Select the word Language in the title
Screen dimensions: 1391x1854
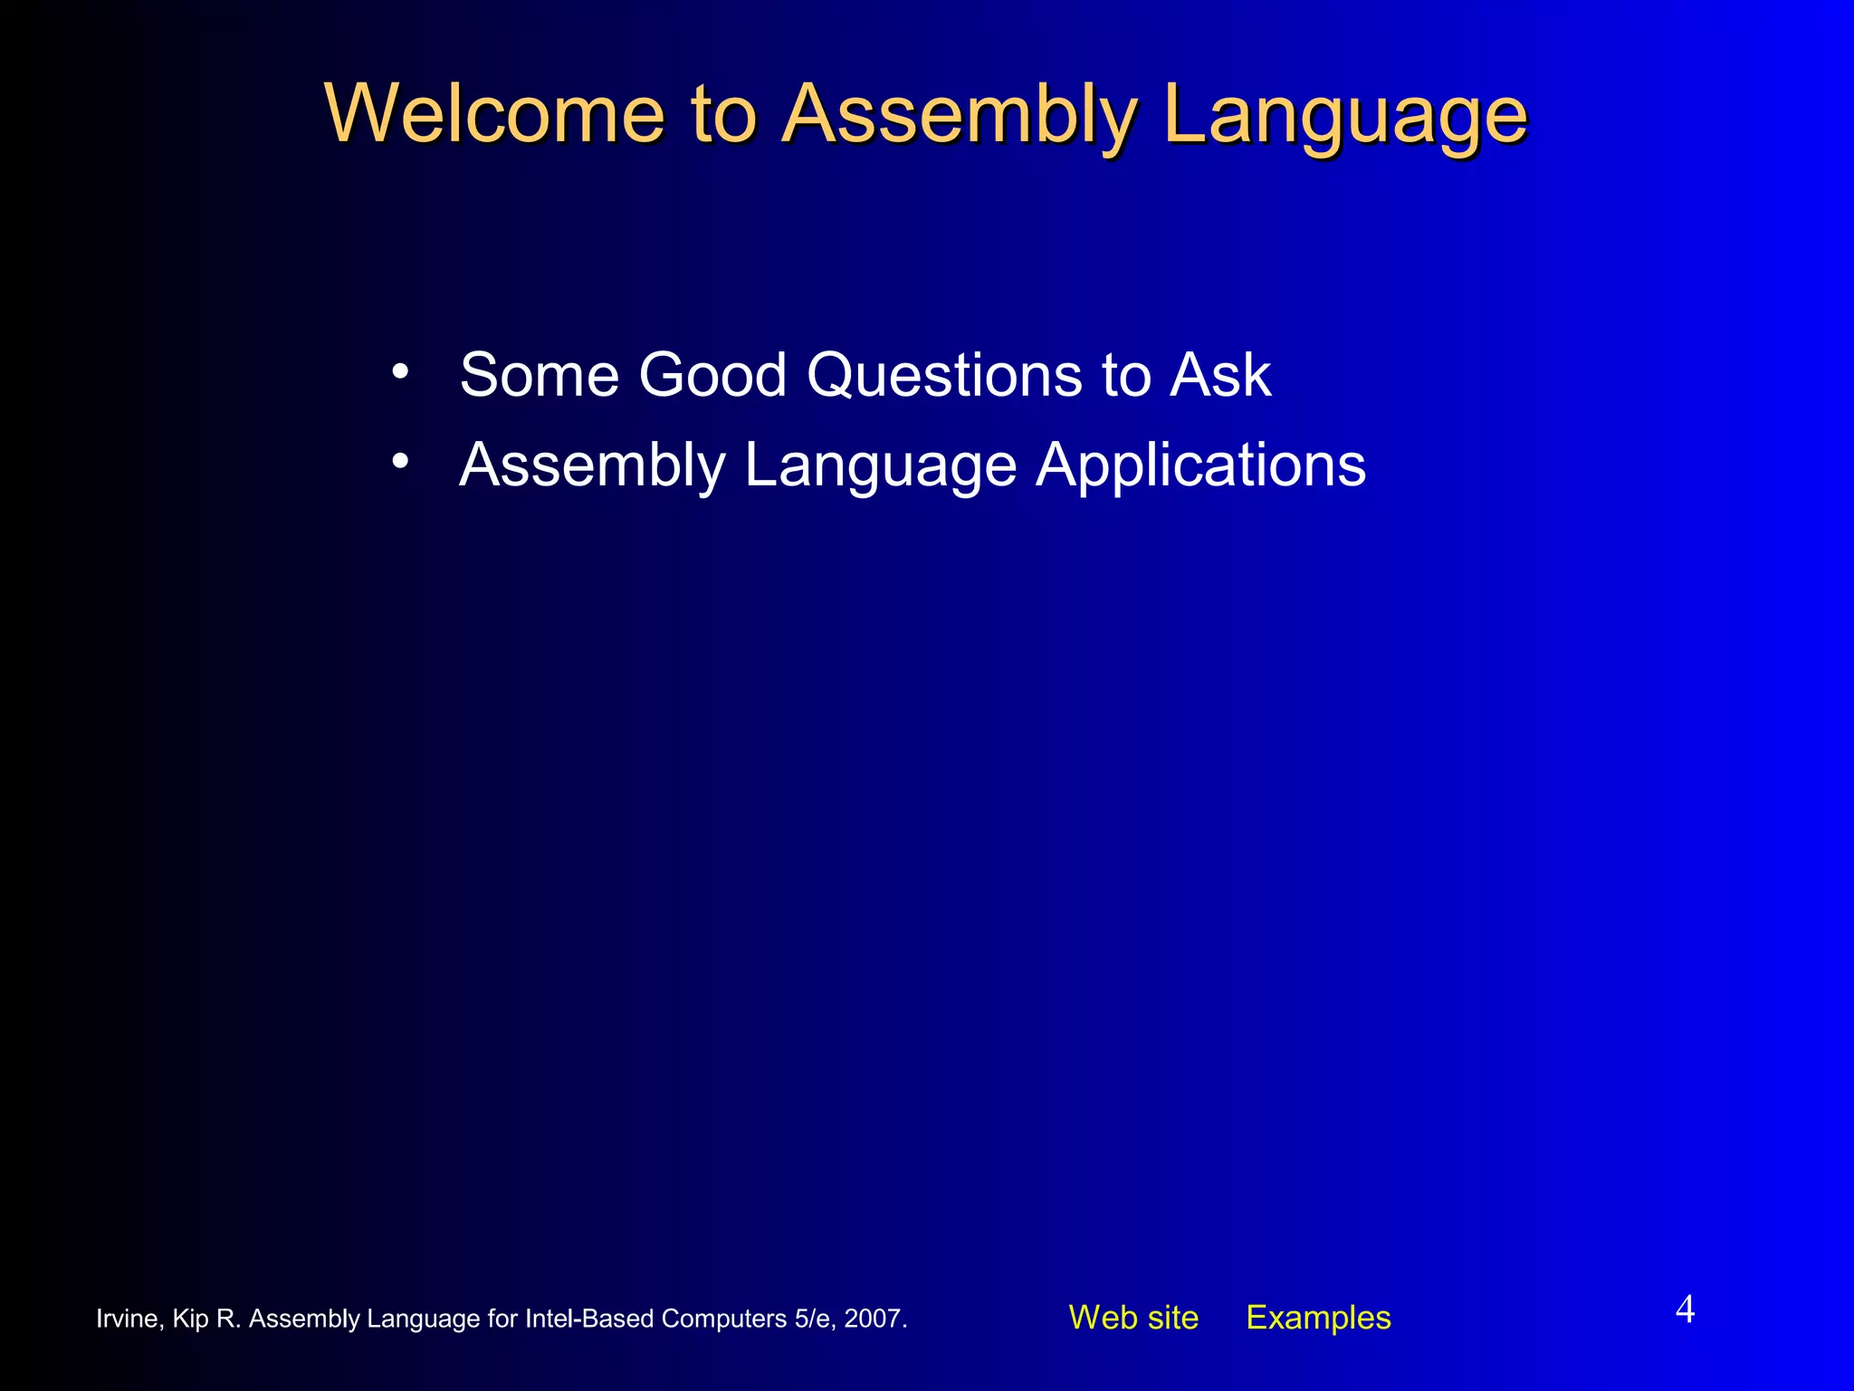pos(1345,115)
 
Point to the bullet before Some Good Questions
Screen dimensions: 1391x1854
pos(400,371)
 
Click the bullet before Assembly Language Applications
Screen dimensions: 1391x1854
pos(400,461)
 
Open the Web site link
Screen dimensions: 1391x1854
pos(1133,1318)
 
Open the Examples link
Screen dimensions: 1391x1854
pos(1318,1318)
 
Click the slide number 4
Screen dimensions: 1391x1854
pos(1685,1309)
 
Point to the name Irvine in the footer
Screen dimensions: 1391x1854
pos(129,1319)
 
